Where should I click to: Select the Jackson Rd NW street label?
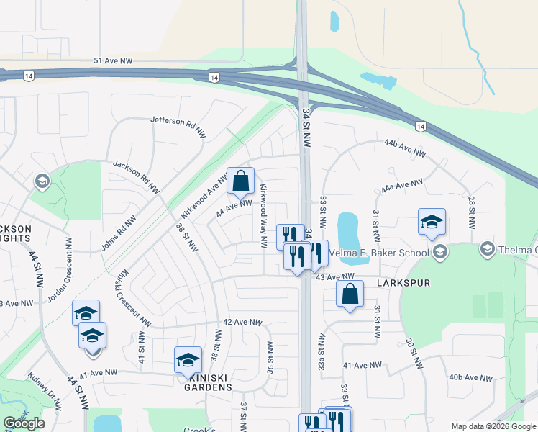click(135, 176)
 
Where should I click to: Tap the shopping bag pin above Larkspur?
click(350, 294)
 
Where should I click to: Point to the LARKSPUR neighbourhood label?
click(403, 283)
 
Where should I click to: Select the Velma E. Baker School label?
click(380, 253)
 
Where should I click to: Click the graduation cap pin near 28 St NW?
click(432, 222)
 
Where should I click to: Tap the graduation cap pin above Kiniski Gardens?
click(188, 359)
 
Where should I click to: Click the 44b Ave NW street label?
click(405, 148)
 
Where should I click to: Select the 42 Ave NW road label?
click(244, 323)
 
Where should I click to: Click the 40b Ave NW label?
click(470, 377)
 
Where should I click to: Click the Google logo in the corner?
click(24, 423)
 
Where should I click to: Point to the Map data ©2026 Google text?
click(493, 426)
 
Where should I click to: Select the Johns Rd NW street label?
click(119, 233)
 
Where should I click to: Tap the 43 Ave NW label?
click(336, 277)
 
